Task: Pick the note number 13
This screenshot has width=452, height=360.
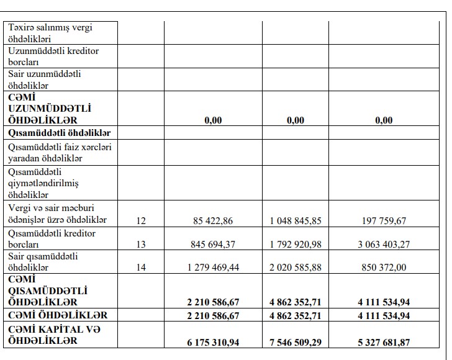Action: [141, 245]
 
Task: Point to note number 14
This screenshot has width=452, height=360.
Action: [141, 268]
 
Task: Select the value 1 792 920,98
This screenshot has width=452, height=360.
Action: [296, 245]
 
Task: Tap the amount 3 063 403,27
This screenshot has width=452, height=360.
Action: [384, 245]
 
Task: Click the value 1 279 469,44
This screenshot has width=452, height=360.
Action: [213, 268]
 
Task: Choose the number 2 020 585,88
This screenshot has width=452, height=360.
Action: [296, 268]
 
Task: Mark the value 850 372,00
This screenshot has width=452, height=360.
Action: [384, 268]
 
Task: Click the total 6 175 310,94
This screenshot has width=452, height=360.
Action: [213, 342]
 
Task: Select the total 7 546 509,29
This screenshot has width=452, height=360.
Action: [296, 342]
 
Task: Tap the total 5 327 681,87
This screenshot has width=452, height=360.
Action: [384, 342]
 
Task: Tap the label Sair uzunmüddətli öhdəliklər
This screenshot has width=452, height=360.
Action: [45, 79]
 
